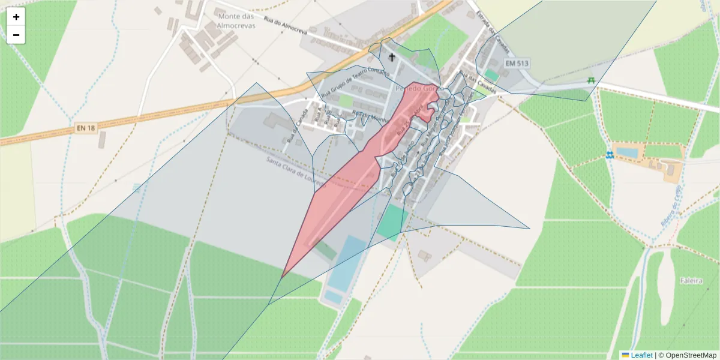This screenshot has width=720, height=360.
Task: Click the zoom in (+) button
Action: pyautogui.click(x=16, y=17)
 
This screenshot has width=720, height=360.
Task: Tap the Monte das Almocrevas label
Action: pyautogui.click(x=236, y=21)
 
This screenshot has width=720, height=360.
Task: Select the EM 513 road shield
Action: pyautogui.click(x=517, y=63)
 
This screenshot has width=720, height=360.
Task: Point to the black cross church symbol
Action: pyautogui.click(x=392, y=58)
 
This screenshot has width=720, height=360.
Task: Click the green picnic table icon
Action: pyautogui.click(x=592, y=80)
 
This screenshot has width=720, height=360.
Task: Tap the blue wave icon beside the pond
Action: pyautogui.click(x=609, y=155)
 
